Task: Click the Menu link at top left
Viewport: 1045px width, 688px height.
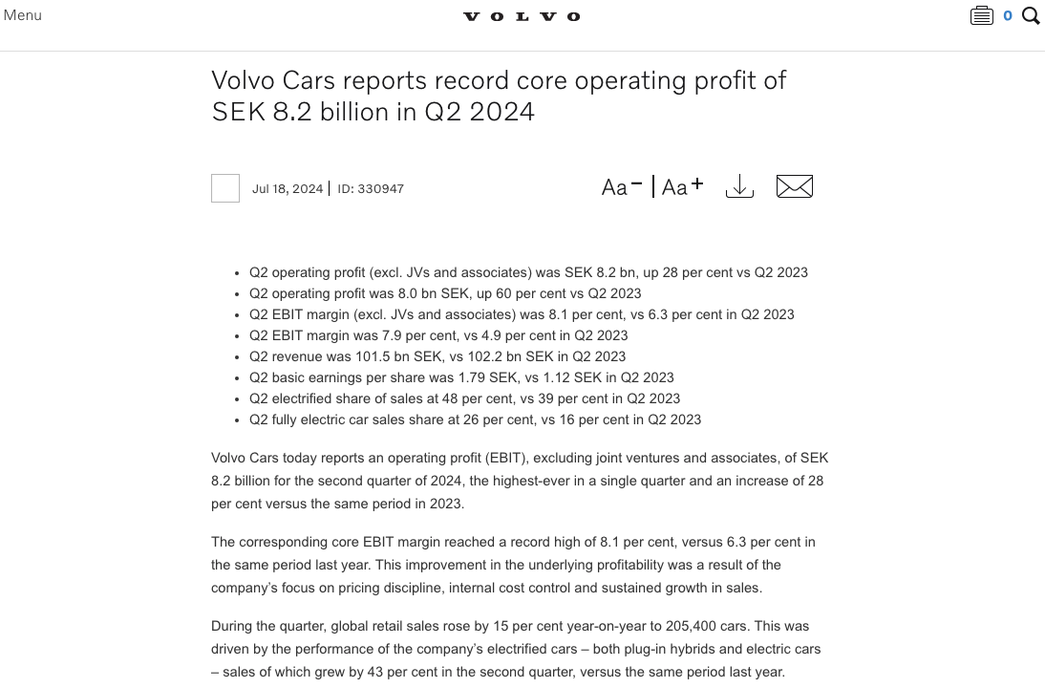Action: click(23, 15)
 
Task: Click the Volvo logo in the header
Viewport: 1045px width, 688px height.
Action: click(522, 16)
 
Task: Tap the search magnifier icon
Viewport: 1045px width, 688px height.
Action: click(1031, 15)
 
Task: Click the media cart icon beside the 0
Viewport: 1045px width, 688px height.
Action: click(981, 15)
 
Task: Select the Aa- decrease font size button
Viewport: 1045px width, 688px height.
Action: click(622, 186)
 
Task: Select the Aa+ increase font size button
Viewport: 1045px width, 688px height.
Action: click(682, 186)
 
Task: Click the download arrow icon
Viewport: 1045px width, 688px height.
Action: click(739, 186)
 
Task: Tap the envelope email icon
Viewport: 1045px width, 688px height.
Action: click(795, 186)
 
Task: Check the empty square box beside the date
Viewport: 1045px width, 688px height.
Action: click(225, 188)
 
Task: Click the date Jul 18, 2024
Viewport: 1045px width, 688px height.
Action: click(288, 189)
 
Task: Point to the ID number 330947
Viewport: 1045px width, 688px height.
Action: click(380, 189)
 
